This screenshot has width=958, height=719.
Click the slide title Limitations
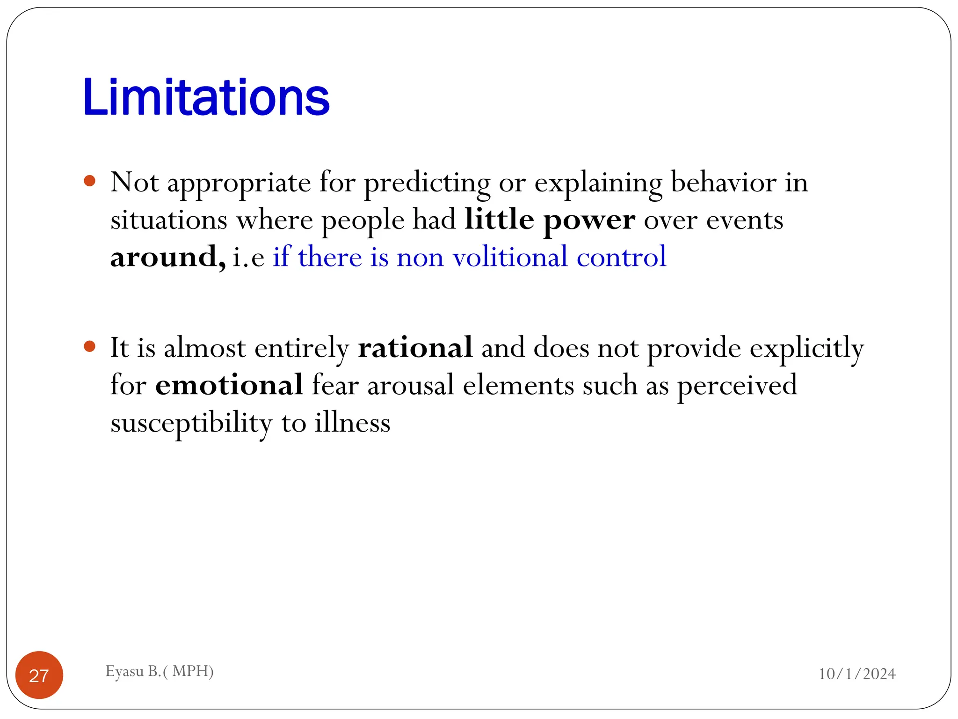click(206, 97)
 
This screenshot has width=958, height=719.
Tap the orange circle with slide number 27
click(39, 675)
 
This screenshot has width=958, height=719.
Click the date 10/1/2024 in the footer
click(857, 674)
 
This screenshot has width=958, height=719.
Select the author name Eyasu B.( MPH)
click(160, 671)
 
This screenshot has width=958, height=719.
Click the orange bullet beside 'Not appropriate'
click(90, 181)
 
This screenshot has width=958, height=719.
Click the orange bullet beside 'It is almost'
click(90, 346)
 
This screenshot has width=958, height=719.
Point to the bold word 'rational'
click(415, 348)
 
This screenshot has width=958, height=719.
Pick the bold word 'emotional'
click(229, 385)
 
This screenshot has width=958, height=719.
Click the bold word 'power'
click(589, 220)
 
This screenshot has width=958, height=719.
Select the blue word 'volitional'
click(510, 257)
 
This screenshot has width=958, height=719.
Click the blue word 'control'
click(621, 257)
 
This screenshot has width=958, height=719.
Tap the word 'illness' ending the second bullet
click(352, 423)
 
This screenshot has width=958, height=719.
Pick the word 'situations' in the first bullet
click(169, 220)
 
